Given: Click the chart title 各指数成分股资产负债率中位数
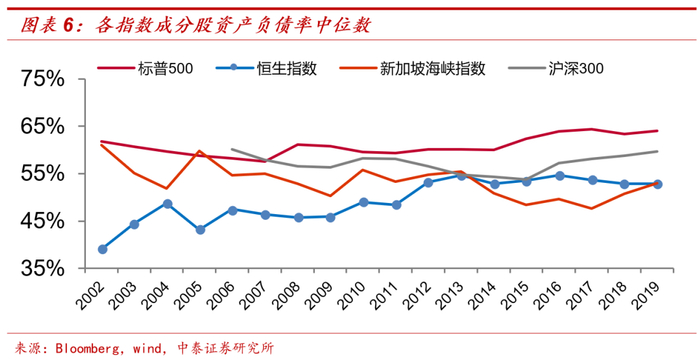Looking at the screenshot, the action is click(232, 25).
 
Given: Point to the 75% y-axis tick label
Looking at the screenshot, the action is click(43, 80).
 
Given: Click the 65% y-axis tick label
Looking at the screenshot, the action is click(43, 127).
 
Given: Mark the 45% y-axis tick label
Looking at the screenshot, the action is click(43, 222).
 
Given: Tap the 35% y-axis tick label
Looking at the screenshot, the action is click(43, 269).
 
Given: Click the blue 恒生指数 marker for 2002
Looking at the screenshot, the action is click(102, 249).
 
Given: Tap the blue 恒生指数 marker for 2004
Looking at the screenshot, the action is click(167, 204).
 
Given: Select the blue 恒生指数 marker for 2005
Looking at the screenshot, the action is click(200, 230).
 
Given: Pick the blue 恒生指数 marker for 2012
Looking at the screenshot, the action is click(429, 182).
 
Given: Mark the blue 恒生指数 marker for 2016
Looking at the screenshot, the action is click(559, 176).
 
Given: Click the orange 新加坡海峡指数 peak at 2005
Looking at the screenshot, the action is click(200, 151).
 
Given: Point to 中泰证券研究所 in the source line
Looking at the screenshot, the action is click(225, 348).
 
